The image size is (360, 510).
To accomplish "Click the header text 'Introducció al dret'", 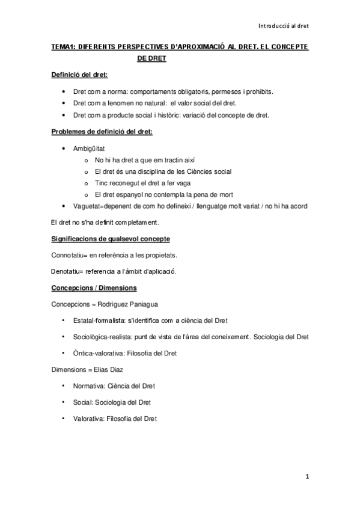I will click(x=283, y=26).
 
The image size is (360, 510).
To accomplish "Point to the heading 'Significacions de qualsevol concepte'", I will click(x=110, y=239).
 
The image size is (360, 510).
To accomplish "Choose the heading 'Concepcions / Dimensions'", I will click(x=94, y=287).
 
